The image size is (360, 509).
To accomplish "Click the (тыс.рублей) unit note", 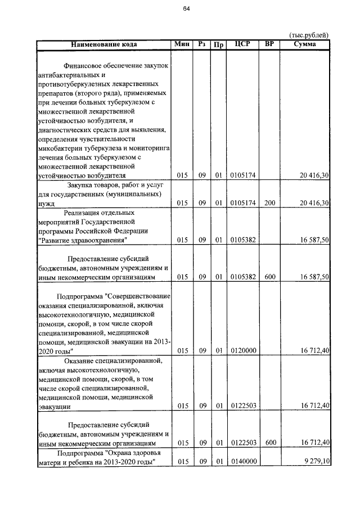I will pos(309,35).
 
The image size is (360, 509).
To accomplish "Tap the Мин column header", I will pos(182,44).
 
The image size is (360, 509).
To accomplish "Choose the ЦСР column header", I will pos(242,44).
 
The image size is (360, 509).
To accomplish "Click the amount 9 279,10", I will pos(316,462).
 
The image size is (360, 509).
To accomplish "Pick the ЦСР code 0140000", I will pos(243,462).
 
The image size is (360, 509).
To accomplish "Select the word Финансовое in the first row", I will pos(84,66).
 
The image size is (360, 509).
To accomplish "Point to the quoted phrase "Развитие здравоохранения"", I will pos(82,240).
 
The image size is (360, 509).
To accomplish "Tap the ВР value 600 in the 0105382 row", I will pos(269,277).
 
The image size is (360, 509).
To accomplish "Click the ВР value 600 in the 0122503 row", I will pos(269,443).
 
